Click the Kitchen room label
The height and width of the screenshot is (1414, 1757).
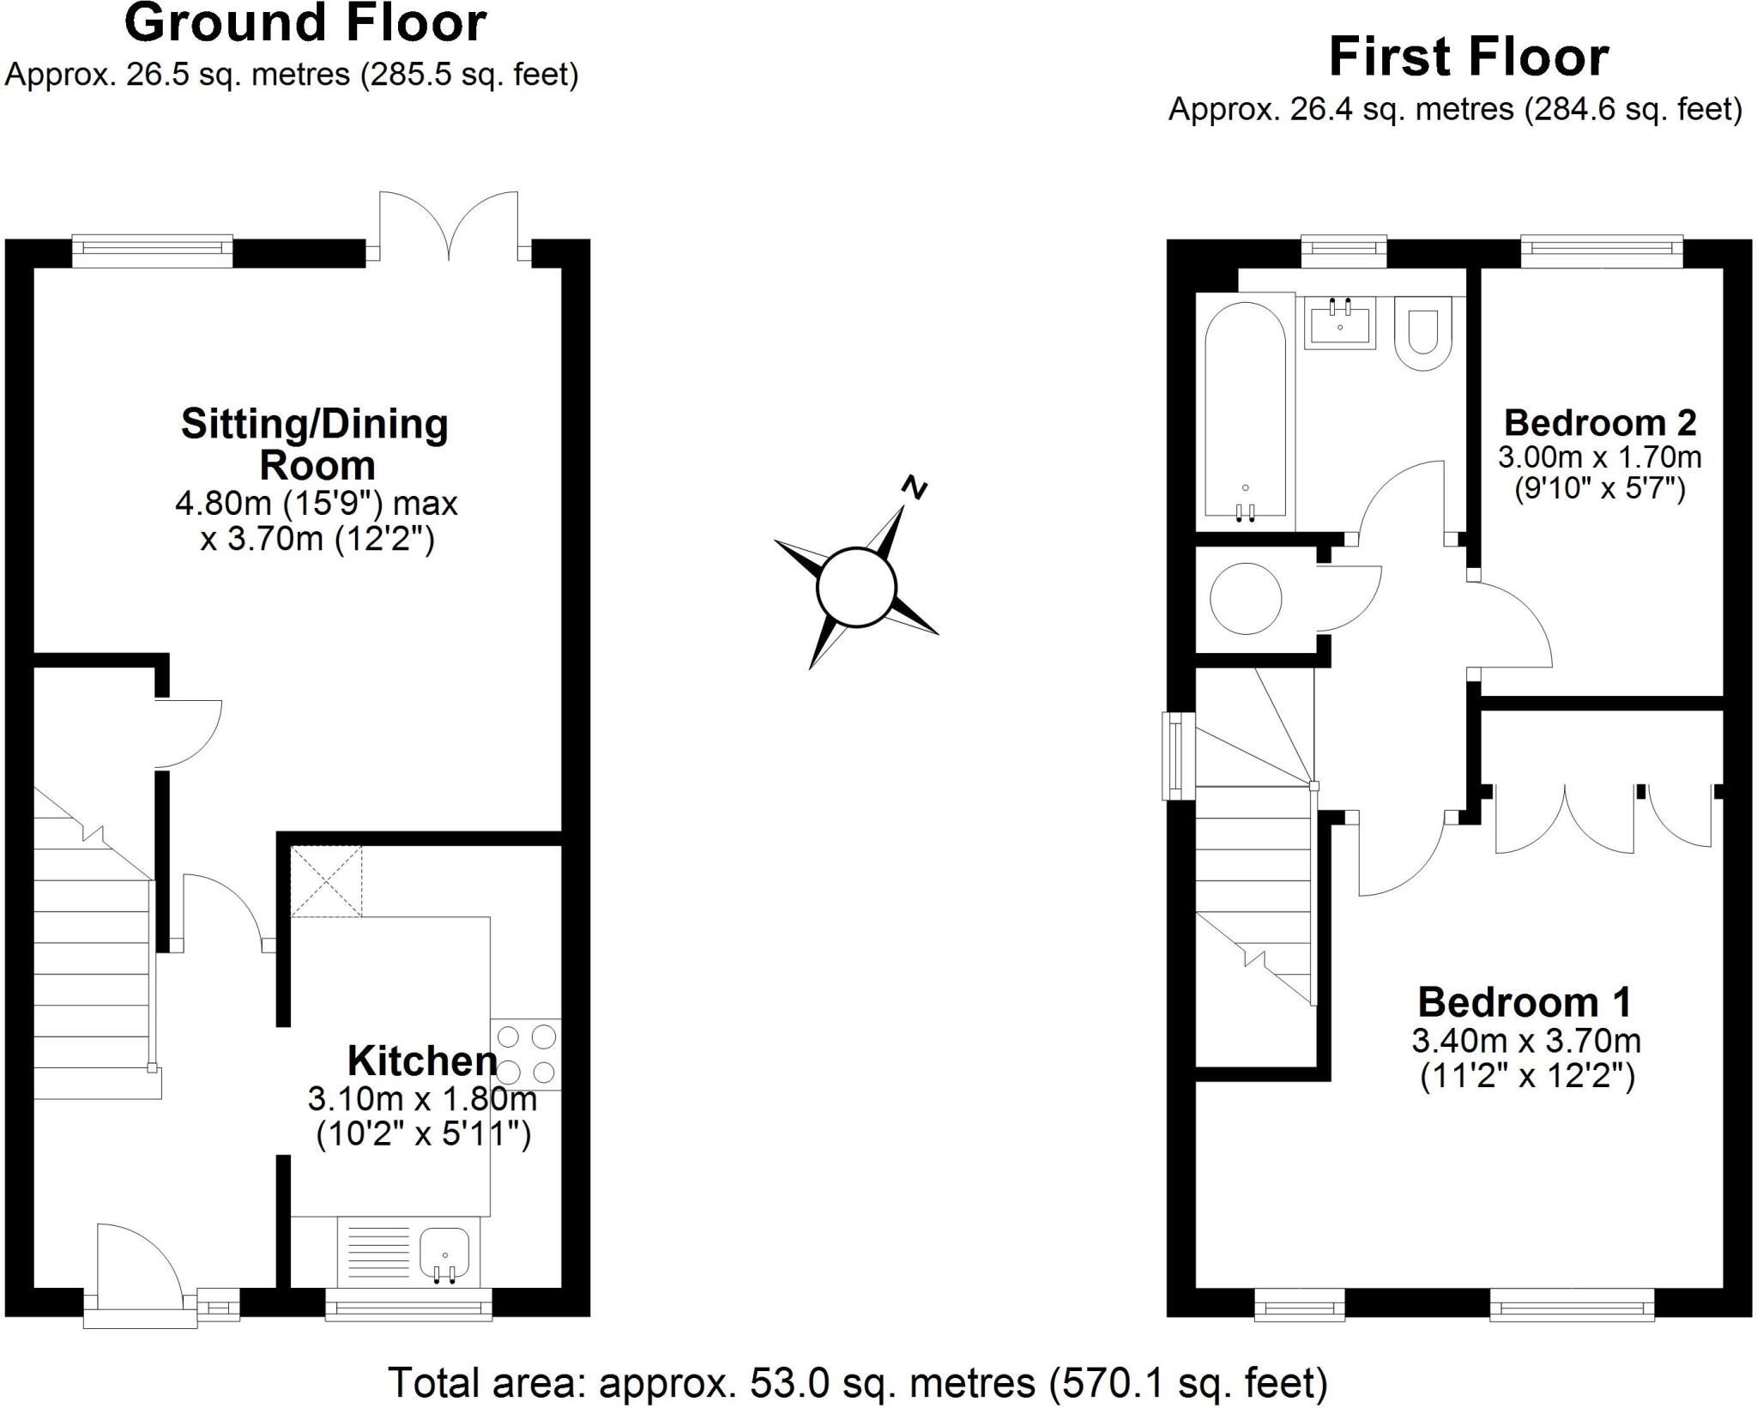(421, 1061)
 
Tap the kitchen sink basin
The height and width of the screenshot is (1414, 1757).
(444, 1254)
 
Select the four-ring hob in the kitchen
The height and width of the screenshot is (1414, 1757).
(526, 1054)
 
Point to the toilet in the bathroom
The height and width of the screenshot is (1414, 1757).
(1422, 333)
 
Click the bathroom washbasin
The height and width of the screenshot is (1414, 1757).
(1339, 323)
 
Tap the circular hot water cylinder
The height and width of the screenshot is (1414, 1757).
(1245, 598)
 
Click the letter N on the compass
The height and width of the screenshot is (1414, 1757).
(915, 487)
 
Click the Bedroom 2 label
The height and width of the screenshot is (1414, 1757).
(1599, 423)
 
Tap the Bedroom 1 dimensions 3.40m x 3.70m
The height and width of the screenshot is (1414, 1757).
(1525, 1041)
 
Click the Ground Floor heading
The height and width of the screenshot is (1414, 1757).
(305, 23)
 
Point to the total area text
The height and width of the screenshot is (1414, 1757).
(858, 1382)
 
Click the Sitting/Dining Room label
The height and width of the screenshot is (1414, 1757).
(315, 444)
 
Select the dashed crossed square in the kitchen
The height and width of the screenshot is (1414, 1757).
(326, 881)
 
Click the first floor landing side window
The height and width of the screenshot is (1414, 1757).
(1172, 756)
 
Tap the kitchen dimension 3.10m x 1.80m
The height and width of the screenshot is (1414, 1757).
(422, 1098)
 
